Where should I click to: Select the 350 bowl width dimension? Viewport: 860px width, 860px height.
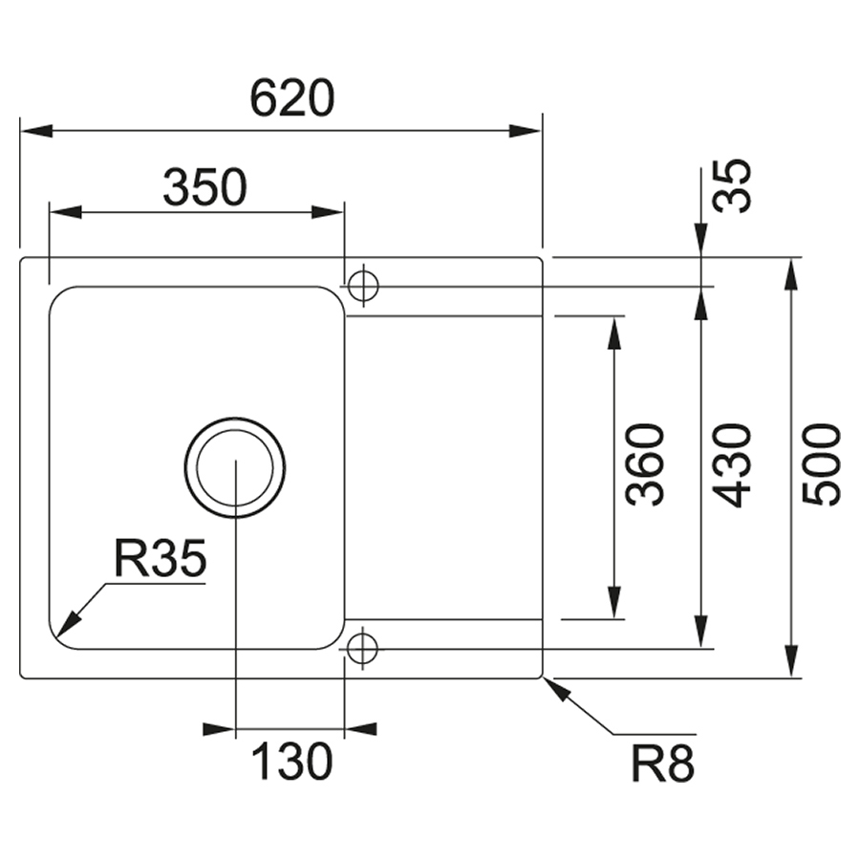[204, 187]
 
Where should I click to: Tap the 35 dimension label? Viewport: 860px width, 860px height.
[734, 185]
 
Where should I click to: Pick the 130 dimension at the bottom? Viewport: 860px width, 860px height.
[290, 762]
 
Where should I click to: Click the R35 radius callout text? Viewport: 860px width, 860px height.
[159, 559]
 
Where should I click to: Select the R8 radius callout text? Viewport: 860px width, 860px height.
[662, 763]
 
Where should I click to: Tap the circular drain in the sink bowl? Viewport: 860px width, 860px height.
[234, 467]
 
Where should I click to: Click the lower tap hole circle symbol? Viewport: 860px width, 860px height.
[362, 649]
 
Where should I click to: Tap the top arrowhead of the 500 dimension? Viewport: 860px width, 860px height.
[791, 272]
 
